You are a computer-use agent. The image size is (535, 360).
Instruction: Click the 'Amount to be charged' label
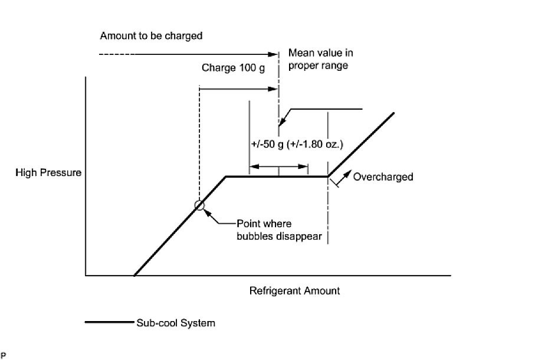(x=151, y=36)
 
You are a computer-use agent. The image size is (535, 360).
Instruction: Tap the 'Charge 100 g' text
(x=233, y=67)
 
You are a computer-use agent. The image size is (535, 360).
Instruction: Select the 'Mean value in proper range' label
(x=318, y=59)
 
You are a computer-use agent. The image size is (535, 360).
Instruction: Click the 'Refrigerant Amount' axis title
(x=294, y=291)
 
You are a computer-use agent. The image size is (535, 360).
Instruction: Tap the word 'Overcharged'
(x=383, y=176)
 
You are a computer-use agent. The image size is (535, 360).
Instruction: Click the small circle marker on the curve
(x=199, y=205)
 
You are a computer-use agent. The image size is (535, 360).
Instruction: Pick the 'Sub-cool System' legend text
(x=175, y=323)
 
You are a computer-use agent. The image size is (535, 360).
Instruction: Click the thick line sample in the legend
(x=110, y=323)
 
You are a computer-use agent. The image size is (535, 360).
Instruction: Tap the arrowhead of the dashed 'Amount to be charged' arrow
(x=274, y=55)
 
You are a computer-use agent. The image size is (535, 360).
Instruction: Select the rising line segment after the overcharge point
(x=361, y=145)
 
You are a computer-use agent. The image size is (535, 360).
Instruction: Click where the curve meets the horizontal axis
(x=134, y=276)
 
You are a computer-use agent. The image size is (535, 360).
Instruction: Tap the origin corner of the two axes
(x=86, y=276)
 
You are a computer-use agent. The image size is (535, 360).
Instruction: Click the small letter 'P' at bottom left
(x=3, y=355)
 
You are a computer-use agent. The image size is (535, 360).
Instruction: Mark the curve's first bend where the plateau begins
(x=226, y=176)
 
